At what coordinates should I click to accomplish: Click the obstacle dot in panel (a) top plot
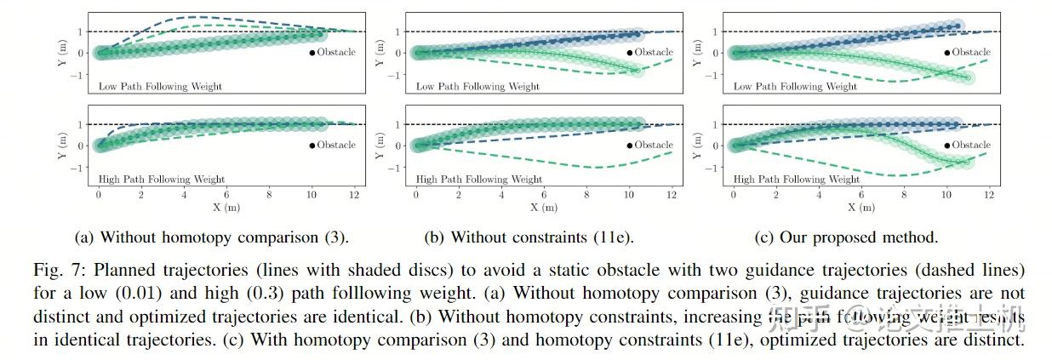click(x=312, y=53)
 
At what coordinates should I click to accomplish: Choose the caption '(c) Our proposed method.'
click(x=846, y=237)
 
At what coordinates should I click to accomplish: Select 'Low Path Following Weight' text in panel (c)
click(x=795, y=87)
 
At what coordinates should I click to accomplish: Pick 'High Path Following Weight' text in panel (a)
click(x=162, y=180)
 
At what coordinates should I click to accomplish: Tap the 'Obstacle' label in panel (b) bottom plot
click(x=654, y=145)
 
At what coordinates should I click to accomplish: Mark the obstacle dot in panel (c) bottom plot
click(x=947, y=146)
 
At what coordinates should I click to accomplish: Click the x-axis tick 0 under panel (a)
click(x=99, y=195)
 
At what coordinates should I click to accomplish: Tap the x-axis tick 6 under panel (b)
click(x=544, y=195)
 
